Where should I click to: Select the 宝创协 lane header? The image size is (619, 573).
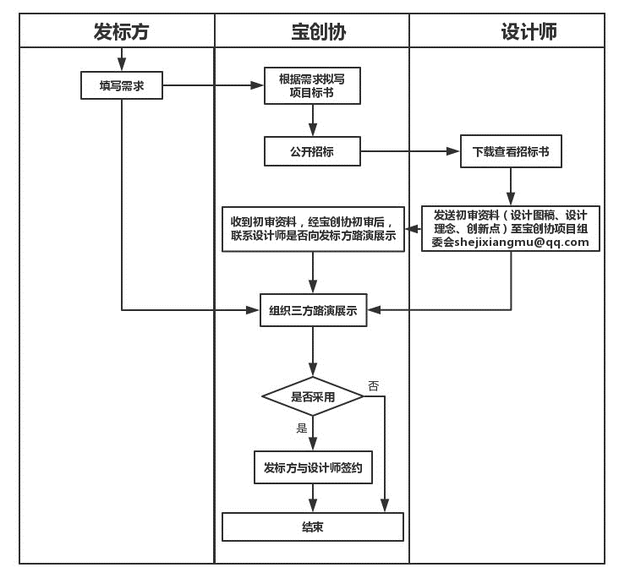312,32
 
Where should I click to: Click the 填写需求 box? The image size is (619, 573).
122,85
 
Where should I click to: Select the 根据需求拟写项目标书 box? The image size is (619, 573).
312,85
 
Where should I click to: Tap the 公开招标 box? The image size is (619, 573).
312,152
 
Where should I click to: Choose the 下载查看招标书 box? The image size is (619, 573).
510,152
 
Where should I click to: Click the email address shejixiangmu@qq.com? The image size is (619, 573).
521,243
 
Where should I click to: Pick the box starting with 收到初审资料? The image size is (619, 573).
312,229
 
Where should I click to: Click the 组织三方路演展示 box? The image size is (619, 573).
313,311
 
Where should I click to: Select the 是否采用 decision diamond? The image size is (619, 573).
313,396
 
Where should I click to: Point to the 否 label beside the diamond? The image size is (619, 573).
373,386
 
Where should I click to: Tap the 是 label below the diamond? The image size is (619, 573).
302,428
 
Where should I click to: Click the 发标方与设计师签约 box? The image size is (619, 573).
313,467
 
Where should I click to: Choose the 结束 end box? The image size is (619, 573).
313,527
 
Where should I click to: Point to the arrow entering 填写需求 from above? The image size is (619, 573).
122,60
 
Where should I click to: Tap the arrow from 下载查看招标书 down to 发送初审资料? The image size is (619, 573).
510,186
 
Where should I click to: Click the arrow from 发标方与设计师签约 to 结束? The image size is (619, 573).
313,498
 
